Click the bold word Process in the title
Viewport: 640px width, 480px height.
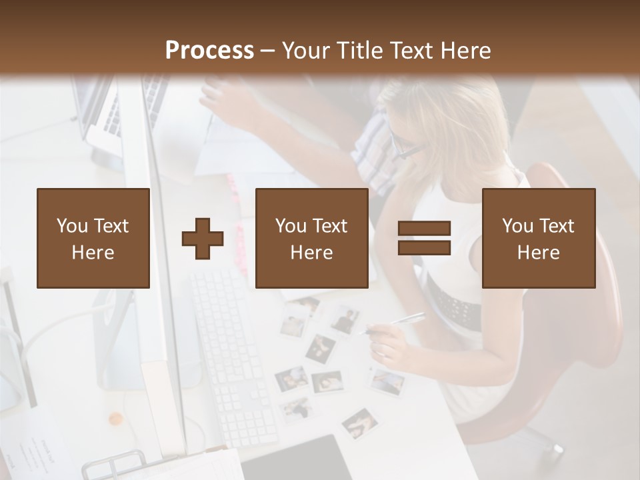coord(209,51)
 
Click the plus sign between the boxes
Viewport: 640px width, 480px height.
coord(203,239)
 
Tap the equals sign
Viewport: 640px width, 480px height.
coord(424,238)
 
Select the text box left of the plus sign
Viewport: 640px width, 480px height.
coord(93,238)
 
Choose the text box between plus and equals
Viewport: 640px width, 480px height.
coord(311,238)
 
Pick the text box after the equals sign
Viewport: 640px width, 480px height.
coord(538,238)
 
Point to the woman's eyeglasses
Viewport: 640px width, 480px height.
coord(407,147)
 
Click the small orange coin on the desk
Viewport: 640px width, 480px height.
coord(116,419)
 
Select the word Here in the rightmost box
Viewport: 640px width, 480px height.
coord(538,253)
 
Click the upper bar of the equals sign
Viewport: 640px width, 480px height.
coord(424,229)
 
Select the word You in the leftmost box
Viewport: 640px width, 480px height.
coord(71,226)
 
